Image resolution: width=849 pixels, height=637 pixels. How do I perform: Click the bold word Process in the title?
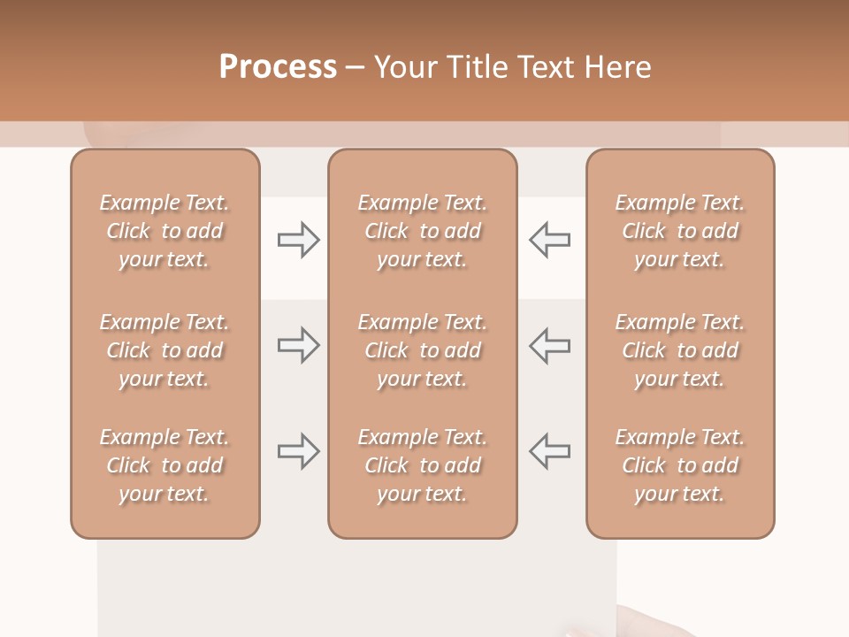click(278, 67)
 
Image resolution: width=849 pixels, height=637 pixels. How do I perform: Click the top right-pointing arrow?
click(299, 240)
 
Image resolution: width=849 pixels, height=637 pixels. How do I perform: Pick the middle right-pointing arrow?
click(299, 345)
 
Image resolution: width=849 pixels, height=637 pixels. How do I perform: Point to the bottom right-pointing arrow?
click(299, 451)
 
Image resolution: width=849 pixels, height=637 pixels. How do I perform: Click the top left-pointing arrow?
click(549, 240)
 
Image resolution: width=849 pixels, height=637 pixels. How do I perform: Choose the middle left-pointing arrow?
click(549, 345)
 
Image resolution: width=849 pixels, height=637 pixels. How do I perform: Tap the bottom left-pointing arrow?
click(549, 451)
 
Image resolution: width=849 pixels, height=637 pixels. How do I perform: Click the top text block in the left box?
click(164, 231)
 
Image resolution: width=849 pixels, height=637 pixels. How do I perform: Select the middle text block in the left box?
click(164, 350)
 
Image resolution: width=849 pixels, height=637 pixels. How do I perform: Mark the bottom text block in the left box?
click(164, 465)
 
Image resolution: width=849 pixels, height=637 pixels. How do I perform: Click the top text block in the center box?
click(423, 231)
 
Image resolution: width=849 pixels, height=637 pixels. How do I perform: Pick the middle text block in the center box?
click(423, 350)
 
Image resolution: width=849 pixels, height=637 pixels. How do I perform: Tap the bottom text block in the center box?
click(423, 465)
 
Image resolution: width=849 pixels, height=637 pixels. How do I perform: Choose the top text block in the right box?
click(680, 231)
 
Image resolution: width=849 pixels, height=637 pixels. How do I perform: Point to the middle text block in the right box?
click(680, 350)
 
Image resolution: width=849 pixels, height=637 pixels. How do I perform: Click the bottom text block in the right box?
click(680, 465)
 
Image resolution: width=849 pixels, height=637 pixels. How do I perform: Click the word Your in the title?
click(404, 67)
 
